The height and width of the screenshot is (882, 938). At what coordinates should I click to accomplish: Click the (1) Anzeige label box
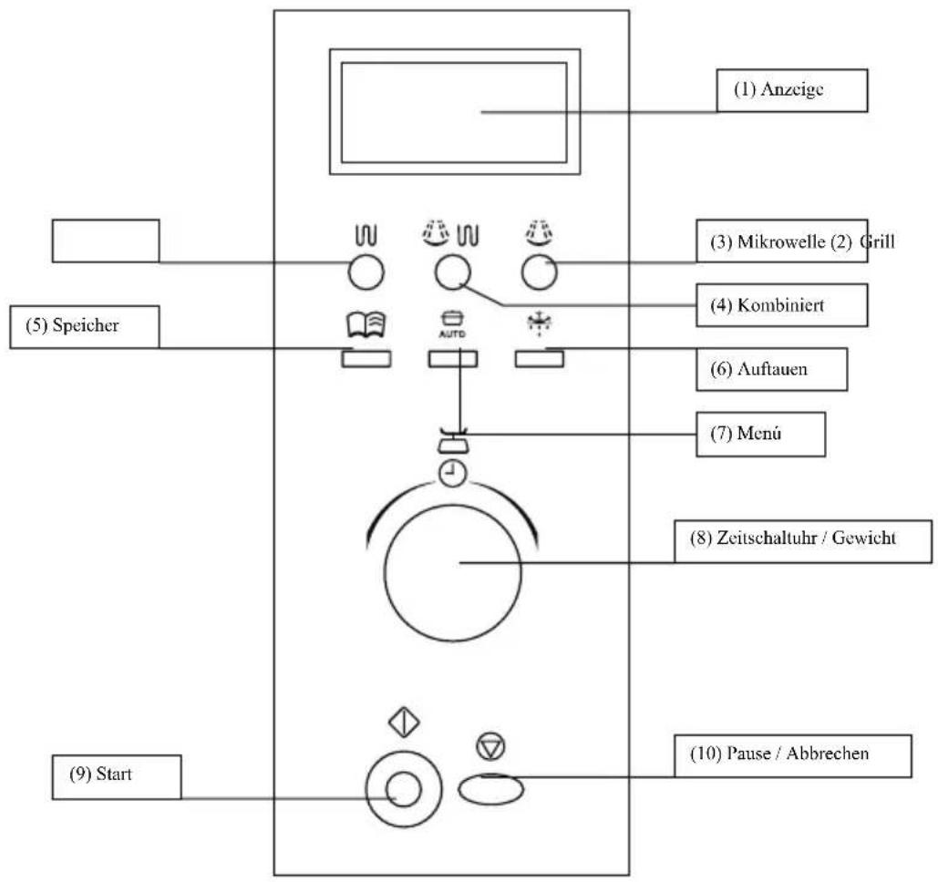click(x=792, y=90)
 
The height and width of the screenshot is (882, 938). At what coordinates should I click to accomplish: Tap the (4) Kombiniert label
click(x=782, y=305)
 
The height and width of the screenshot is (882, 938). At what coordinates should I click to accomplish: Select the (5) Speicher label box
click(x=85, y=326)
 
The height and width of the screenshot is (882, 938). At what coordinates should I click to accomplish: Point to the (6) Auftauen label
click(x=772, y=369)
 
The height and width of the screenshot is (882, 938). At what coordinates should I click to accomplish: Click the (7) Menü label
click(x=760, y=434)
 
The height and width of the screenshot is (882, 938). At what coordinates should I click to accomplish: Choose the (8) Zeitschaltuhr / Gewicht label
click(x=803, y=541)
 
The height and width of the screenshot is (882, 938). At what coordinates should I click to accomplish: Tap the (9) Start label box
click(x=117, y=776)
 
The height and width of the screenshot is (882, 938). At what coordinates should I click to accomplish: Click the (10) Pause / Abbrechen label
click(x=793, y=756)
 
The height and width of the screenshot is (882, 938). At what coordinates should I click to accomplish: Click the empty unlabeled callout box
click(x=106, y=241)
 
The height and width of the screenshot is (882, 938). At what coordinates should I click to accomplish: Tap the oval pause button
click(x=491, y=789)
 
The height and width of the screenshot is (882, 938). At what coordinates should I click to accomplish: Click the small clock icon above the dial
click(x=453, y=474)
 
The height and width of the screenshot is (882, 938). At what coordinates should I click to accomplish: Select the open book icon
click(x=366, y=324)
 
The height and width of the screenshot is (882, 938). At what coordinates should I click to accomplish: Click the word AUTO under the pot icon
click(x=452, y=333)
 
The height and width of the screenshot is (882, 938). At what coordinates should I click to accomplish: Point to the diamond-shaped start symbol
click(x=404, y=722)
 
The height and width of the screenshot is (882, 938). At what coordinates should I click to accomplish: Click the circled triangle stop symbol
click(x=491, y=747)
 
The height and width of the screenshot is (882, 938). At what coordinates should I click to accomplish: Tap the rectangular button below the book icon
click(x=366, y=359)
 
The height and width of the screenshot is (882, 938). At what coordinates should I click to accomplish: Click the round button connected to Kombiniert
click(x=453, y=272)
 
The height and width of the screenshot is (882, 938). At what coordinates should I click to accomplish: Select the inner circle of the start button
click(x=404, y=789)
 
